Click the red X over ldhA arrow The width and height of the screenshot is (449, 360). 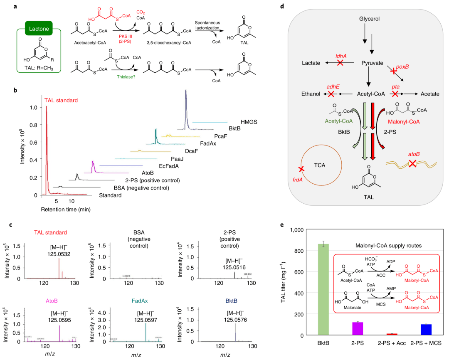point(340,62)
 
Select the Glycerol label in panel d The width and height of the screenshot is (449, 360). point(369,19)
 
